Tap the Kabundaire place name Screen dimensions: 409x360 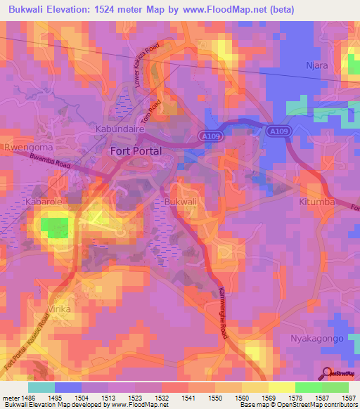[120, 130]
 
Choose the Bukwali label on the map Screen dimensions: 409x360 [179, 202]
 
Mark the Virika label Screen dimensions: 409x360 [61, 307]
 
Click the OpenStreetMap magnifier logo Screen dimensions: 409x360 [327, 374]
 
